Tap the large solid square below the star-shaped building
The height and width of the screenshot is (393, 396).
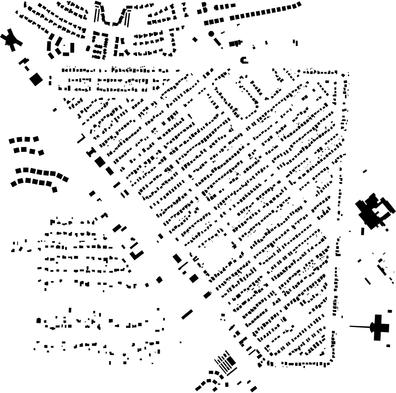click(x=36, y=79)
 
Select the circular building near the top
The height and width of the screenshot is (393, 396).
click(x=211, y=34)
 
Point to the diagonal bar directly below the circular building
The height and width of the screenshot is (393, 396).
click(x=218, y=42)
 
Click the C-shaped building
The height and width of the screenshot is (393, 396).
click(x=244, y=60)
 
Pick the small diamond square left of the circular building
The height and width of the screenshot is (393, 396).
click(x=195, y=40)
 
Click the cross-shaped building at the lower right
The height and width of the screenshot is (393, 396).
click(x=379, y=327)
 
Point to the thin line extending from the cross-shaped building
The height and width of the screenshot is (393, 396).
click(x=360, y=327)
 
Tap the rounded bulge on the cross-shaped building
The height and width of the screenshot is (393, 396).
click(x=373, y=327)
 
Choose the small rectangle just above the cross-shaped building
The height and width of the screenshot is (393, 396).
click(x=390, y=311)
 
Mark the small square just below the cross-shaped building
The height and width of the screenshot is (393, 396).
click(x=388, y=346)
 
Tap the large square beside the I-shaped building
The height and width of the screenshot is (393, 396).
click(x=100, y=162)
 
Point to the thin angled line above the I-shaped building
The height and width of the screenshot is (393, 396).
click(x=81, y=139)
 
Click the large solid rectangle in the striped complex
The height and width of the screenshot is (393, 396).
click(x=230, y=362)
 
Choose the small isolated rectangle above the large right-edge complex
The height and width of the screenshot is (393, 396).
click(x=365, y=171)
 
